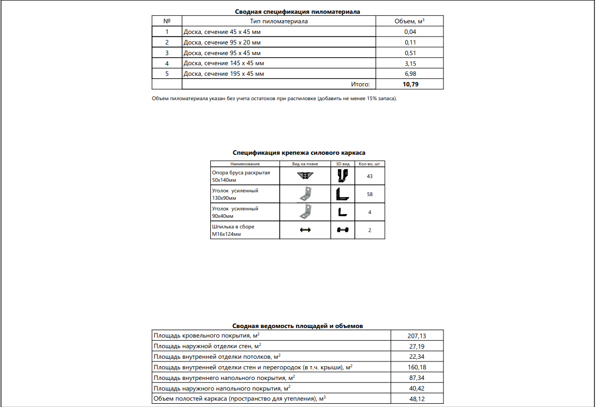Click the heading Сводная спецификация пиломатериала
coord(297,11)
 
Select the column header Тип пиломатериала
coord(279,22)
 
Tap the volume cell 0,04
coord(410,32)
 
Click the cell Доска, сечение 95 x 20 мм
coord(222,42)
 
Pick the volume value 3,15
coord(410,64)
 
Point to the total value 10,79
coord(410,84)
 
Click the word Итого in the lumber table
coord(360,84)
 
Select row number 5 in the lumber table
coord(167,74)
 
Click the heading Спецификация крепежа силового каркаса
coord(299,153)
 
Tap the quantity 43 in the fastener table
coord(370,176)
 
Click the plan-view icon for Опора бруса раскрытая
coord(305,176)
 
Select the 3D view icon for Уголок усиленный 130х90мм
coord(343,194)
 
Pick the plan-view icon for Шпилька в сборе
coord(305,230)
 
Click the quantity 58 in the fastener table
coord(370,194)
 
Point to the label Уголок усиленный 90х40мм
coord(235,213)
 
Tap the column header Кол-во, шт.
coord(370,164)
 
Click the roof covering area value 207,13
coord(417,335)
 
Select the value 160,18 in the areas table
coord(417,367)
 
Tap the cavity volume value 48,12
coord(417,399)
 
